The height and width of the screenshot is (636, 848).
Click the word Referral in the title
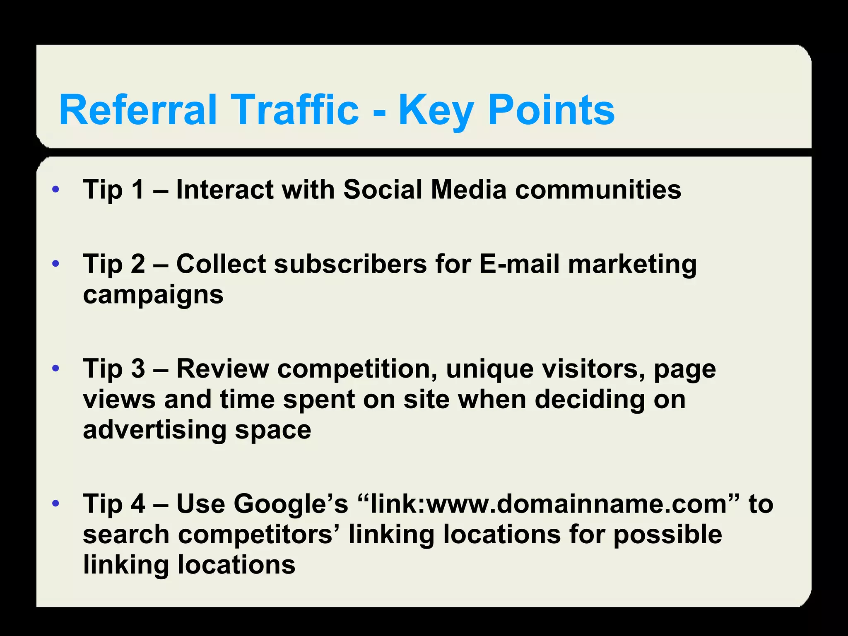pos(138,110)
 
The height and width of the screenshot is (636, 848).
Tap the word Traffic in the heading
pos(296,110)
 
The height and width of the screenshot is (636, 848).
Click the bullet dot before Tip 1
pos(56,190)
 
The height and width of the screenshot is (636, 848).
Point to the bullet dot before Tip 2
pos(56,264)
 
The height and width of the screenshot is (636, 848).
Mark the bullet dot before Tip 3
pos(56,368)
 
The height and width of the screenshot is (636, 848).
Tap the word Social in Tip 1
pos(383,190)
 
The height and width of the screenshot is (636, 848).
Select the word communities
pos(598,190)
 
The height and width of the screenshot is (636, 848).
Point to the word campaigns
pos(153,295)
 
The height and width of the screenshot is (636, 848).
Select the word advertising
pos(154,430)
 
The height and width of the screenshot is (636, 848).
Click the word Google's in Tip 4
pos(291,504)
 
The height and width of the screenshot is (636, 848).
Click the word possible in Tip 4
pos(667,535)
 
